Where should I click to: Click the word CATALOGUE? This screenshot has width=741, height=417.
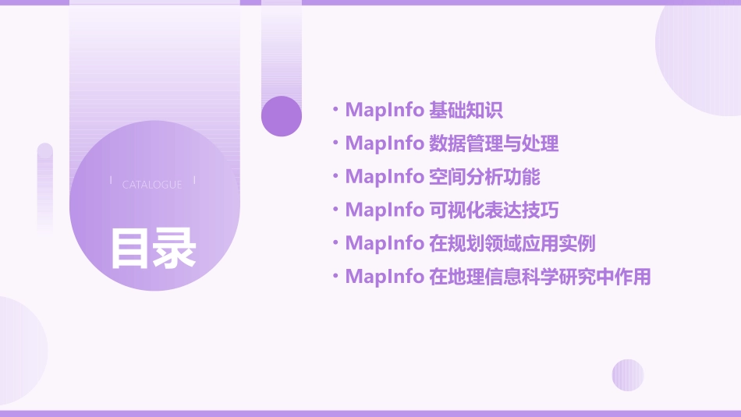(152, 185)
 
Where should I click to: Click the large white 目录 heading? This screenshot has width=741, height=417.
(153, 249)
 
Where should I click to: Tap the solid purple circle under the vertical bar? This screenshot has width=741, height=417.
(282, 116)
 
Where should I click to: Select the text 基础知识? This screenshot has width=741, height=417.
(466, 110)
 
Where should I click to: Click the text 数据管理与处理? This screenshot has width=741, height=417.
(494, 143)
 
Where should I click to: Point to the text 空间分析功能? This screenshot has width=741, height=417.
(484, 177)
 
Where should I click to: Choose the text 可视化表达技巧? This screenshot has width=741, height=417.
(494, 210)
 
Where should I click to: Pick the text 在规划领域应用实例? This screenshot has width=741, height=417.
(512, 243)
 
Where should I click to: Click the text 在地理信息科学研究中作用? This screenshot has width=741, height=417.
(540, 277)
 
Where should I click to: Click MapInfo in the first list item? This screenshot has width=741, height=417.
(384, 110)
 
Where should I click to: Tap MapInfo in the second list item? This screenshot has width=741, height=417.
(384, 143)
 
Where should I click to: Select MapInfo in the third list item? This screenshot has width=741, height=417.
(384, 177)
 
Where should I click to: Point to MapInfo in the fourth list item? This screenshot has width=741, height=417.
(384, 210)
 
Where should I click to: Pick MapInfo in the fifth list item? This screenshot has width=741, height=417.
(384, 243)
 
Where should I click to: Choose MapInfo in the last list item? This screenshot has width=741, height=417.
(384, 277)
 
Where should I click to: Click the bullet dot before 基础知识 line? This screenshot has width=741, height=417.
(335, 110)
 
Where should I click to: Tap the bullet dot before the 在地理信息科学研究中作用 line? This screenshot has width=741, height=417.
(335, 277)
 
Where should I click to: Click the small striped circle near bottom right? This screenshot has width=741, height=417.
(628, 375)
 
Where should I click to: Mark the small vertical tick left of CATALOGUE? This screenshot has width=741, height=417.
(111, 181)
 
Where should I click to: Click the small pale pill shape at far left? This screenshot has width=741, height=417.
(45, 187)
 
